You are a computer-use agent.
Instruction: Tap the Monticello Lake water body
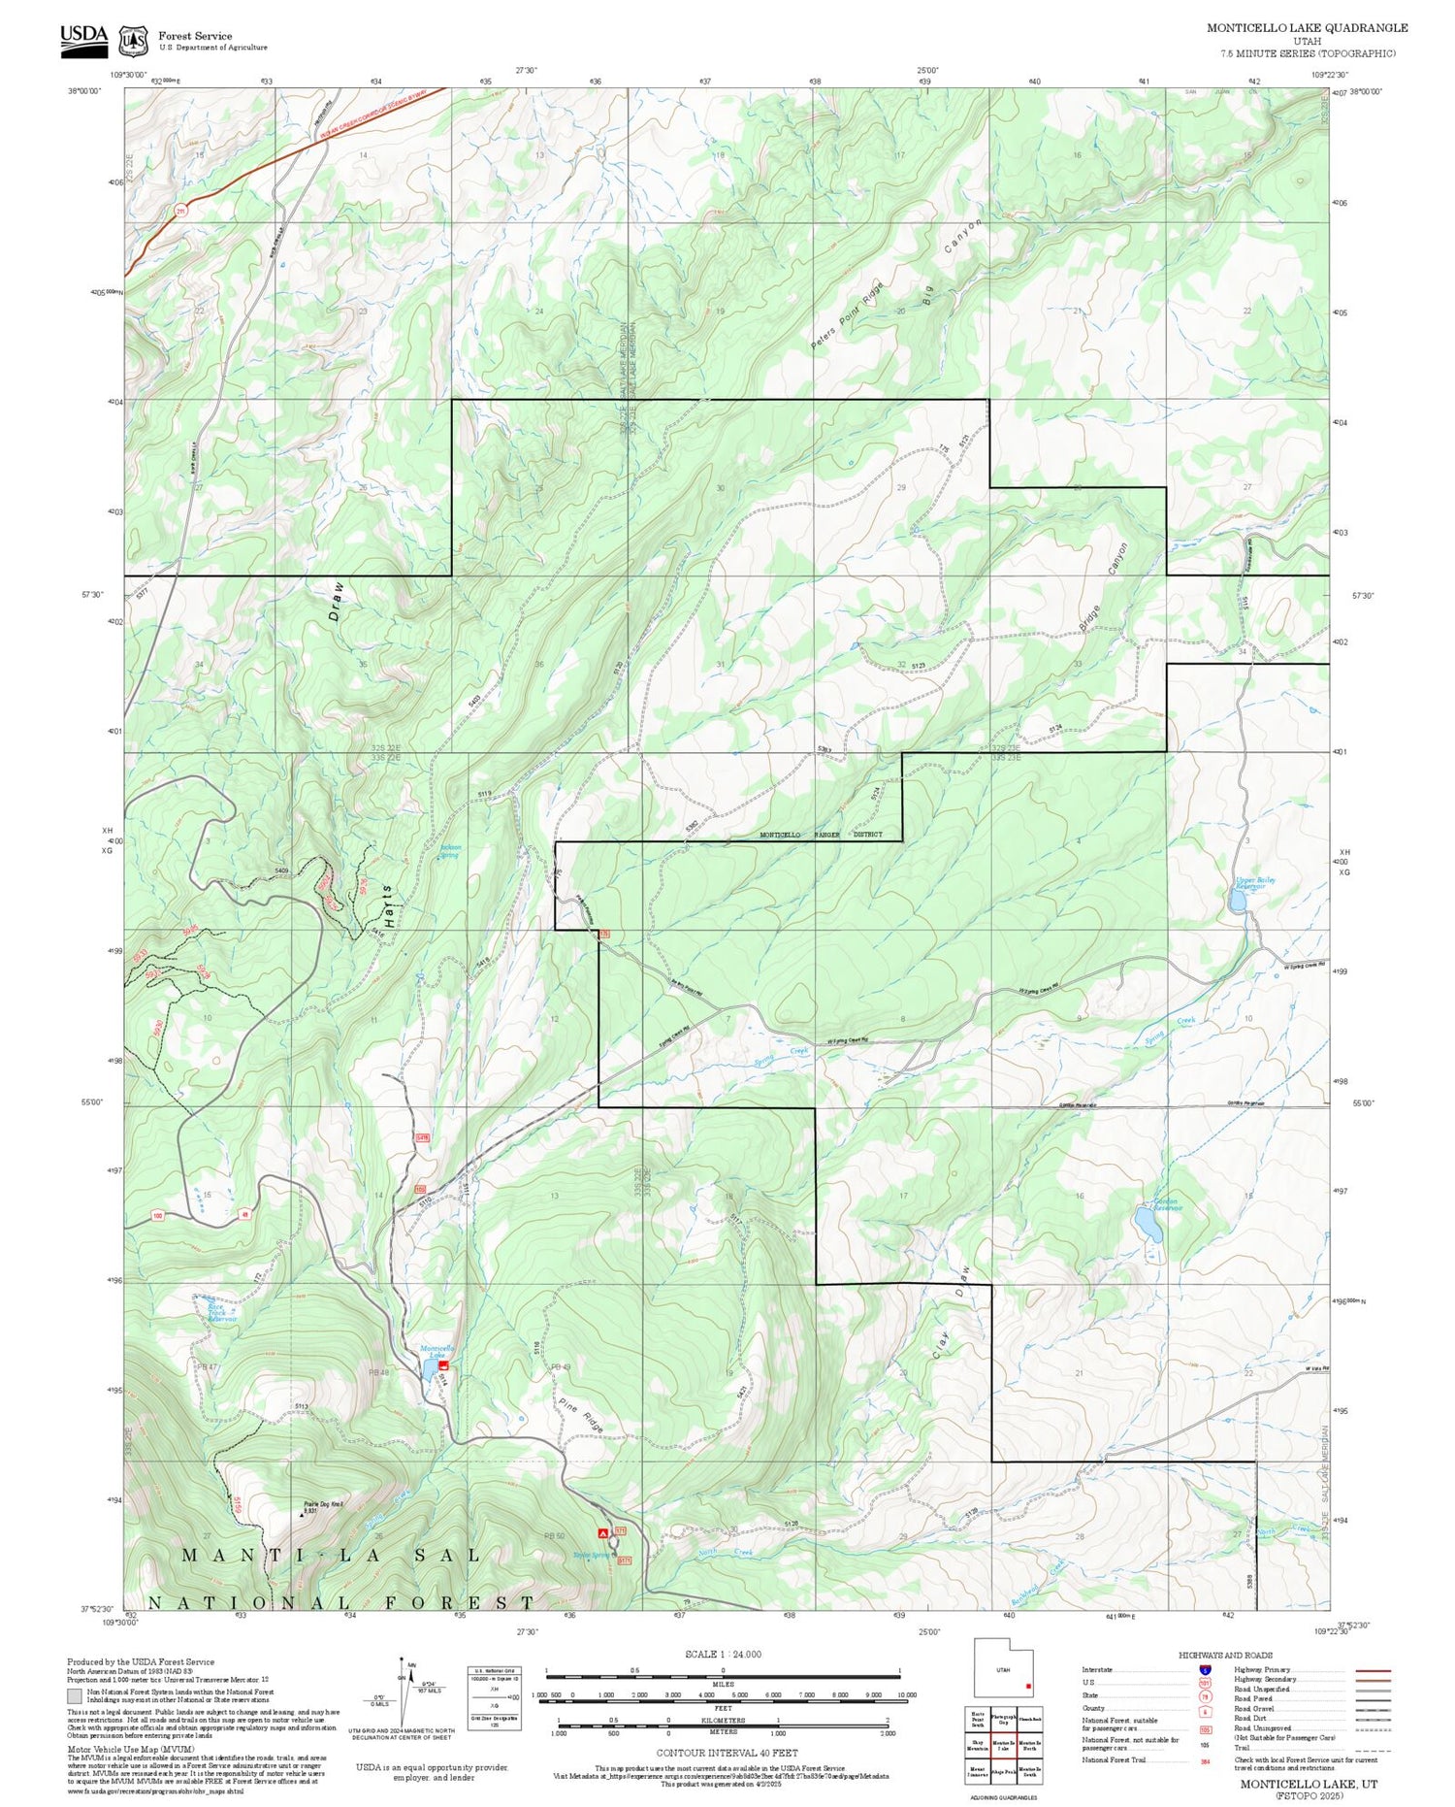(427, 1369)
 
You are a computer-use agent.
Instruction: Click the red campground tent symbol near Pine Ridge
(602, 1532)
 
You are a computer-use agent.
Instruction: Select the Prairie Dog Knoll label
(323, 1504)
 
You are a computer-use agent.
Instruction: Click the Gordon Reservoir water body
(1149, 1226)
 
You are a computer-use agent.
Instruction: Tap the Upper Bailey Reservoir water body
(1238, 902)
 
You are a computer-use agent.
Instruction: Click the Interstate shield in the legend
(1205, 1670)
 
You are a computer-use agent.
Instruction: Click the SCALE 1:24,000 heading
(723, 1654)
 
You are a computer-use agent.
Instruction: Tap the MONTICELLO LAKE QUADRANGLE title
(1307, 28)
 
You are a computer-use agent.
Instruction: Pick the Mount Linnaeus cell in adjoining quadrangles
(978, 1772)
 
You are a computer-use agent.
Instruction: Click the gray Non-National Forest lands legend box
(75, 1696)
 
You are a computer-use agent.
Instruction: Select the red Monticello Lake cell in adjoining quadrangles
(1003, 1744)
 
